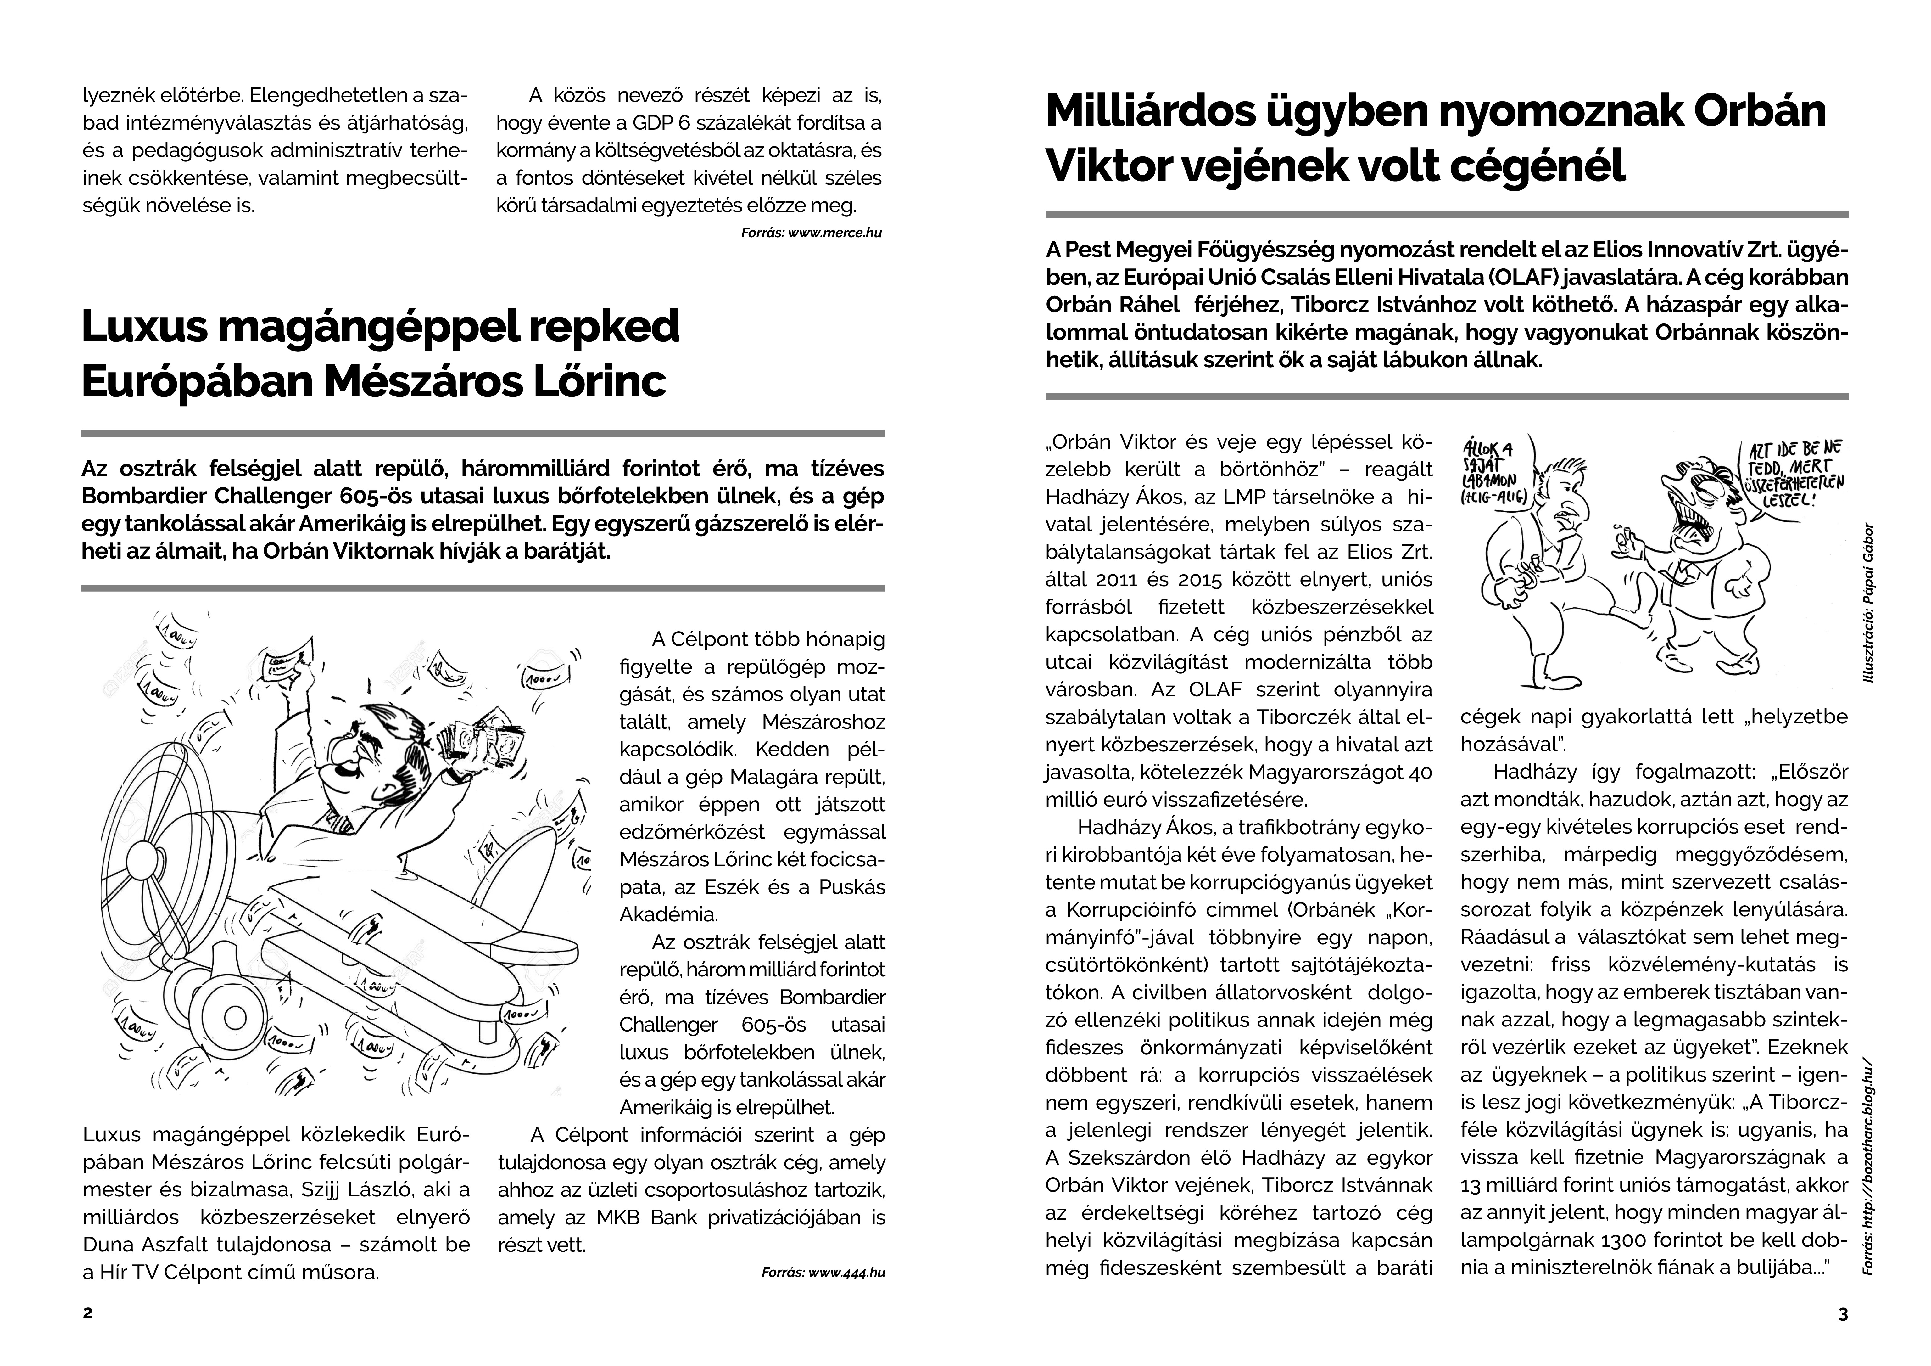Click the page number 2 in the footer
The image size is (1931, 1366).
(87, 1314)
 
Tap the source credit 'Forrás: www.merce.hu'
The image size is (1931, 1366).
(811, 233)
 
